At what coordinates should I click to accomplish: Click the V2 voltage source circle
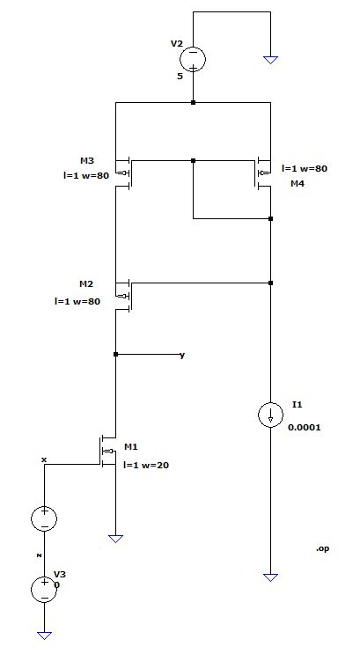coord(193,59)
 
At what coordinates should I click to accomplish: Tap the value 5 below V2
coord(180,77)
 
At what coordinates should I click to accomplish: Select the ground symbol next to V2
coord(270,60)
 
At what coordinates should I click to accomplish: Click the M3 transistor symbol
coord(125,172)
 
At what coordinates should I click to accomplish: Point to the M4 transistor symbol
coord(261,172)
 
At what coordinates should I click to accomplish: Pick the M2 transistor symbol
coord(125,294)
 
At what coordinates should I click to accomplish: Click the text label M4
coord(297,185)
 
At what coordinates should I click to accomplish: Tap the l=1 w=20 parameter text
coord(145,465)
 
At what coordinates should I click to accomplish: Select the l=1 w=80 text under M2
coord(77,301)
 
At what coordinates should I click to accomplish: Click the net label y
coord(182,355)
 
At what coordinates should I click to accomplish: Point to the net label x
coord(43,459)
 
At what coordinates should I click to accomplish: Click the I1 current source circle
coord(270,415)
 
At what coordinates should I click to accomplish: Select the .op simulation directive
coord(322,548)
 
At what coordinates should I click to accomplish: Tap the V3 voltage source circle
coord(43,589)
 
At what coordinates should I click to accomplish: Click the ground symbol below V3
coord(43,634)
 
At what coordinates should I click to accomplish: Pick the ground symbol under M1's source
coord(115,536)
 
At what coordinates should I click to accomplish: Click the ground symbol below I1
coord(270,577)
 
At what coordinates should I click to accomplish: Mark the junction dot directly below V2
coord(193,103)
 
